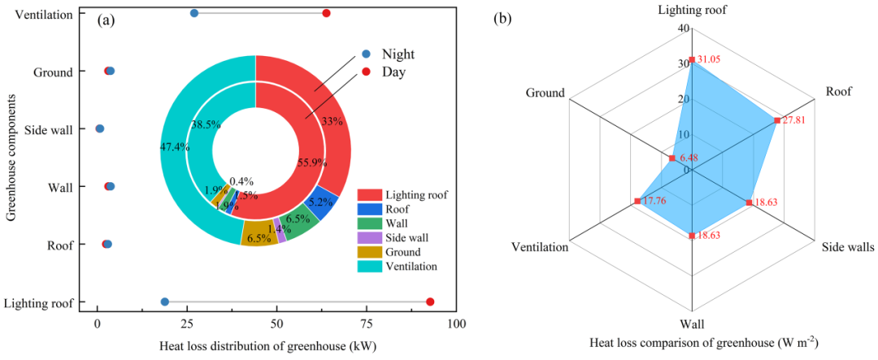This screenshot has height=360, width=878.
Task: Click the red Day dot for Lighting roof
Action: click(430, 302)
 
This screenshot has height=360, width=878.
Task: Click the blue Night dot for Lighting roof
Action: click(165, 302)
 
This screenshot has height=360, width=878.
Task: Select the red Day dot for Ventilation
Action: click(326, 13)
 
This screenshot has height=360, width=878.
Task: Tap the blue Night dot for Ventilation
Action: click(193, 13)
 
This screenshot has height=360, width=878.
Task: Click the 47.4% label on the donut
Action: click(175, 148)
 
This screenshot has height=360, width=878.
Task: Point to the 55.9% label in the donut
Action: click(312, 163)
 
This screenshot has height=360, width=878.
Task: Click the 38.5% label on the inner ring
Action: click(205, 125)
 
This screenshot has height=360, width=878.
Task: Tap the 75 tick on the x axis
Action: click(367, 323)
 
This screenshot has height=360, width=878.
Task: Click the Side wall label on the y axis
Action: click(49, 129)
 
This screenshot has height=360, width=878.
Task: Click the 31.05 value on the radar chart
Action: click(710, 61)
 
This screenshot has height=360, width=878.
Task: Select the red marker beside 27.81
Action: click(777, 120)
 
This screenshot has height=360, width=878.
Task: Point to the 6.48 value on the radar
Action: click(689, 158)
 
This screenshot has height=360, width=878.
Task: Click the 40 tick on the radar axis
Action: click(685, 28)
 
